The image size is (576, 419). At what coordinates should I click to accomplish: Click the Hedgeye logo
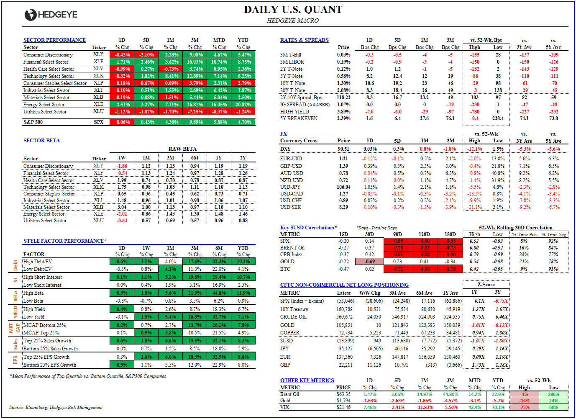tap(51, 15)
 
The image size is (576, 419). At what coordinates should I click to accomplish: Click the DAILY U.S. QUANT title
tap(293, 10)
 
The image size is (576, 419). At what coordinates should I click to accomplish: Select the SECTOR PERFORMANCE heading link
tap(54, 40)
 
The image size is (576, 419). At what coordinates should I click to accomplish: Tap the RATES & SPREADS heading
tap(304, 40)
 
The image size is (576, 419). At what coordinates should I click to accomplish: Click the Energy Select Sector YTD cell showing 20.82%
tap(243, 105)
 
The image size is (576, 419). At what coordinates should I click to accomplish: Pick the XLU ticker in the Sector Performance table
tap(98, 112)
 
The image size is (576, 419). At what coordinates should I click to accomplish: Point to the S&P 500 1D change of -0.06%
tap(122, 122)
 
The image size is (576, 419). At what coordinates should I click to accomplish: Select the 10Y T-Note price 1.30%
tap(343, 83)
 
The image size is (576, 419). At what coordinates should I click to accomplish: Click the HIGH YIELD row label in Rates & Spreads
tap(294, 112)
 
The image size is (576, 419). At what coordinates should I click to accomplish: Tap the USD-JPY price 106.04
tap(343, 187)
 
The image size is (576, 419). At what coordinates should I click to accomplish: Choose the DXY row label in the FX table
tap(285, 149)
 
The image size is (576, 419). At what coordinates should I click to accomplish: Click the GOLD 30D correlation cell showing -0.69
tap(369, 262)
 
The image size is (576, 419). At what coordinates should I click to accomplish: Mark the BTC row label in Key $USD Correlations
tap(285, 269)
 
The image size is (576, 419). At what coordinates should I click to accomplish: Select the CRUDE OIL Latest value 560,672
tap(344, 317)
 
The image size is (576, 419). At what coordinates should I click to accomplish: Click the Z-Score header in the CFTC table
tap(486, 285)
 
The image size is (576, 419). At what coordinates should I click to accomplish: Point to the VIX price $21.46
tap(343, 407)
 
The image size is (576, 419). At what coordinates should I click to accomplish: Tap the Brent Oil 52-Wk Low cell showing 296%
tap(553, 394)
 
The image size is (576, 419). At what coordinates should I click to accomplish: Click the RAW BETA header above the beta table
tap(182, 149)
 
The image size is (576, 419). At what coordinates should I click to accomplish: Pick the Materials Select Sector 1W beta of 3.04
tap(122, 207)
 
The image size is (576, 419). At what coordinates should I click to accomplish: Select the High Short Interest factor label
tap(43, 277)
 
